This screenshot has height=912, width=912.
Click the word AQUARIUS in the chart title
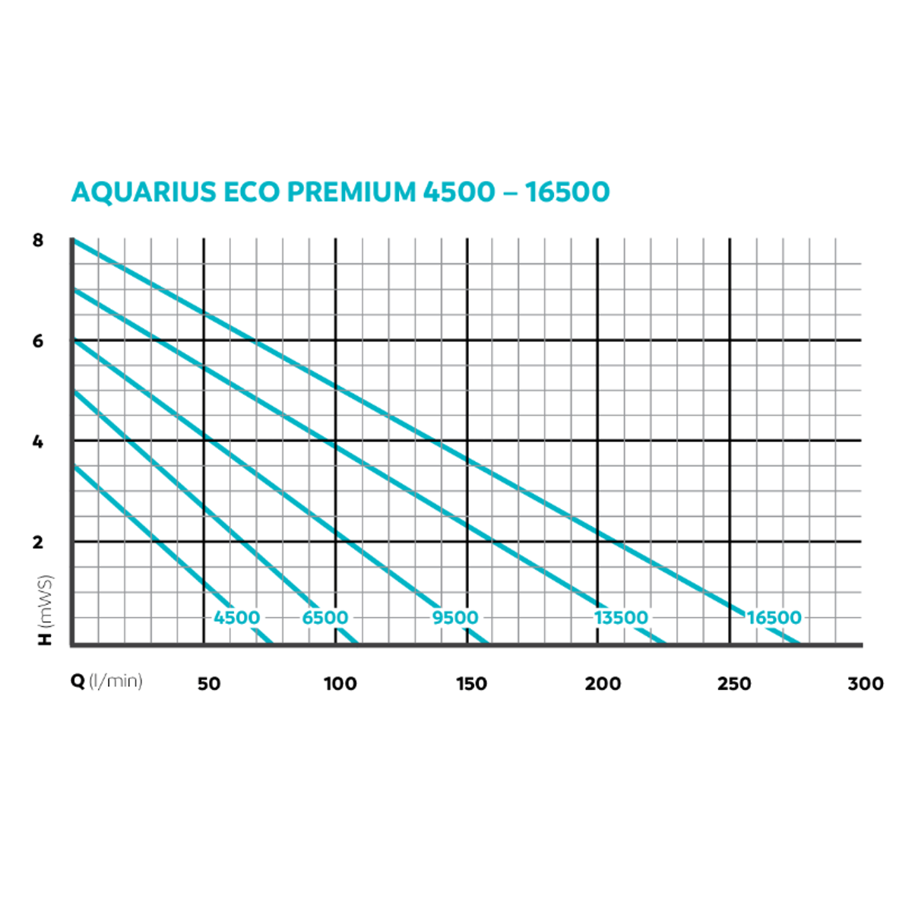144,192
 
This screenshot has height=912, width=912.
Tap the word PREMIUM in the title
352,192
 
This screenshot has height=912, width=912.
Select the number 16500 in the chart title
567,192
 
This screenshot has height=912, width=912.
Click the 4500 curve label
236,618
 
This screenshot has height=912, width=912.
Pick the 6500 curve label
325,618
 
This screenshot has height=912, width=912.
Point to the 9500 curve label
455,618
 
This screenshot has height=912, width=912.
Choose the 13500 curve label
621,618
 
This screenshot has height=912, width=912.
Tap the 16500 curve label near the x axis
774,618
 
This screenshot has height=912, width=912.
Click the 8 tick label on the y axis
38,241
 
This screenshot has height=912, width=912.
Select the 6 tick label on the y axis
38,341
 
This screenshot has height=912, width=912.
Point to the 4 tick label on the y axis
38,442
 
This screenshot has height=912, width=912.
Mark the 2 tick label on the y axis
38,543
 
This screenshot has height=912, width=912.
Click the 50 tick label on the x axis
209,684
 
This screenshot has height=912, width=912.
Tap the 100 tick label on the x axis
340,684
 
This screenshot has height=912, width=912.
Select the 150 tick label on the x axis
471,684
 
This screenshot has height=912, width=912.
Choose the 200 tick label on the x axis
603,684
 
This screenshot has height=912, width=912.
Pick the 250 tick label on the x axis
734,684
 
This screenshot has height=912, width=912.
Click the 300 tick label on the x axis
866,684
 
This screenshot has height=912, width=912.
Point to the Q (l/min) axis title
106,681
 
